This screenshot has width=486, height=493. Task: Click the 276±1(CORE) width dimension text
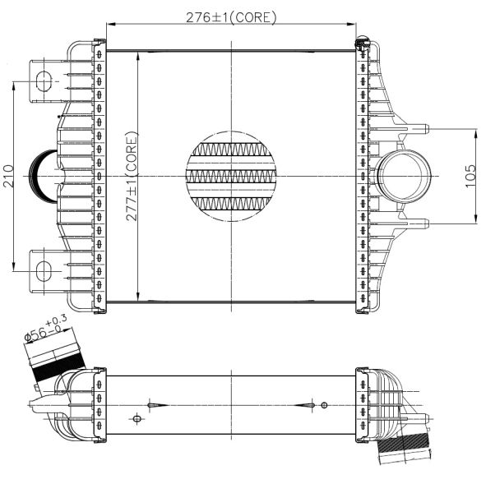tap(233, 16)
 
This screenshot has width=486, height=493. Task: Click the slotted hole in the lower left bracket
tap(43, 270)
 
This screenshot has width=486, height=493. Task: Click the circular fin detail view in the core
tap(232, 175)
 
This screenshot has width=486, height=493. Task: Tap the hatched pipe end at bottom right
tap(403, 452)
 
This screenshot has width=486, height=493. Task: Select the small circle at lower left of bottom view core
tap(137, 419)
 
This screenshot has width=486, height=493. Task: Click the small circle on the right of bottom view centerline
tap(324, 405)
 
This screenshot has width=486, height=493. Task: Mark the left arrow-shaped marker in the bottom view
tap(157, 405)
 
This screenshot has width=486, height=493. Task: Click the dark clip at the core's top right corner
tap(360, 42)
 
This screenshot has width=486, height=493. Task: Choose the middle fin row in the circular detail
tap(232, 176)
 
